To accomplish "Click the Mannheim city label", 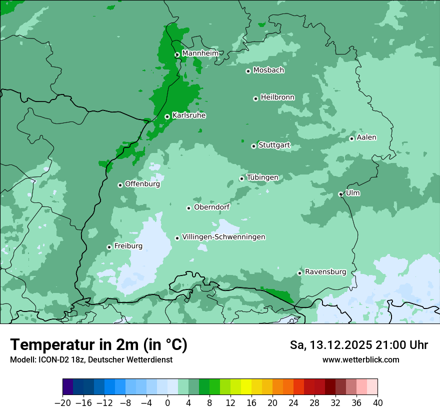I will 200,53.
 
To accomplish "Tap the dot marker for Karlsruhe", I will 167,117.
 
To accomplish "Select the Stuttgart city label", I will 274,145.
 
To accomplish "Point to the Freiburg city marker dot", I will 109,247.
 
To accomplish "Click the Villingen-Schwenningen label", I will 223,237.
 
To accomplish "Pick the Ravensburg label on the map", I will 325,272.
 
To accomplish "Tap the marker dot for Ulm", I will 340,194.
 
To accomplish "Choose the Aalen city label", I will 366,137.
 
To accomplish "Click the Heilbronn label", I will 277,97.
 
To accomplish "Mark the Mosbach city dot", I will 248,71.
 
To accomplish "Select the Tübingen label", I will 262,177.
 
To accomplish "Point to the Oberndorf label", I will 212,207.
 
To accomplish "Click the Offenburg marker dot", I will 120,185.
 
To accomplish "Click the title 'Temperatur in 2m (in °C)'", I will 98,344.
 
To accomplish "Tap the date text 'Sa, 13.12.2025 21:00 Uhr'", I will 358,345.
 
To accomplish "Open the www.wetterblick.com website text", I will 360,359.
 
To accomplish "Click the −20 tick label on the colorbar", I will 62,403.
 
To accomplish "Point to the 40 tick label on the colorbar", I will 377,403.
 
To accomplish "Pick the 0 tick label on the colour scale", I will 167,403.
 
